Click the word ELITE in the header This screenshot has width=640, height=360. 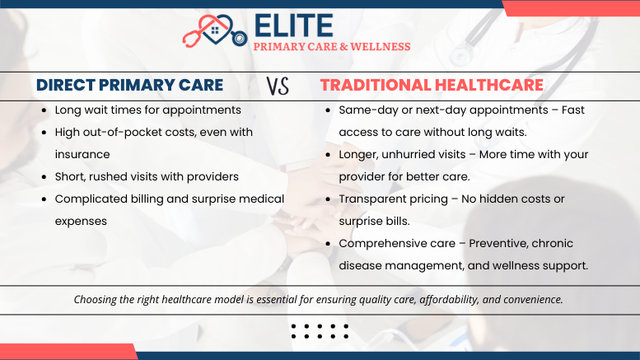[293, 25]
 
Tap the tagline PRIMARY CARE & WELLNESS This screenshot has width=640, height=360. [331, 47]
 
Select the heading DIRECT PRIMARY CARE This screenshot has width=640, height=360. [129, 85]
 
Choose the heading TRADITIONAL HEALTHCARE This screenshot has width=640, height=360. [432, 85]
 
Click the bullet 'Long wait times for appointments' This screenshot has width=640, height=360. [147, 110]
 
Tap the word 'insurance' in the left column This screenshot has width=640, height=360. [82, 154]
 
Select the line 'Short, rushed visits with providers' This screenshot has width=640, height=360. [147, 176]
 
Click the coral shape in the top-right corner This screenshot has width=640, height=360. [570, 7]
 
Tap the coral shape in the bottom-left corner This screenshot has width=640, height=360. [66, 352]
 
